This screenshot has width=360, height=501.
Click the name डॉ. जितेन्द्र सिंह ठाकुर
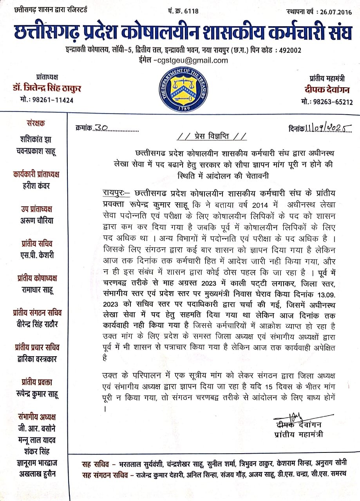pos(47,88)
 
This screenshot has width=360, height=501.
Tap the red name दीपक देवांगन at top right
pos(327,89)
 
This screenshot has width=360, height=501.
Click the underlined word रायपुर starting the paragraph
pos(111,193)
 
